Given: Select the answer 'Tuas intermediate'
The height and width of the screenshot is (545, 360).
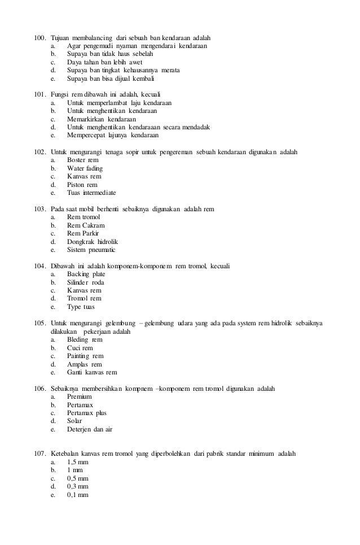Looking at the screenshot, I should pyautogui.click(x=91, y=193).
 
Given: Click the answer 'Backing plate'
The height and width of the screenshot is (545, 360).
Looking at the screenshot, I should pyautogui.click(x=86, y=274).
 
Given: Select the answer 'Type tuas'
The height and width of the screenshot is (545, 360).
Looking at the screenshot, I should pyautogui.click(x=81, y=307).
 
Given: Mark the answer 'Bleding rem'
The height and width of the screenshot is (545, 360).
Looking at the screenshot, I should pyautogui.click(x=85, y=340).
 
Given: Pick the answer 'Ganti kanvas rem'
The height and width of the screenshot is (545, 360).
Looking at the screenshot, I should pyautogui.click(x=92, y=373).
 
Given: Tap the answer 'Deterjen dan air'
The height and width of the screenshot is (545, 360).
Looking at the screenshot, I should pyautogui.click(x=90, y=430).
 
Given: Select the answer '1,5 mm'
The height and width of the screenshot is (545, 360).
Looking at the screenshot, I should pyautogui.click(x=78, y=462).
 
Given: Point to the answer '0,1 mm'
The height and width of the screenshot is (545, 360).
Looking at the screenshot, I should pyautogui.click(x=78, y=495).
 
